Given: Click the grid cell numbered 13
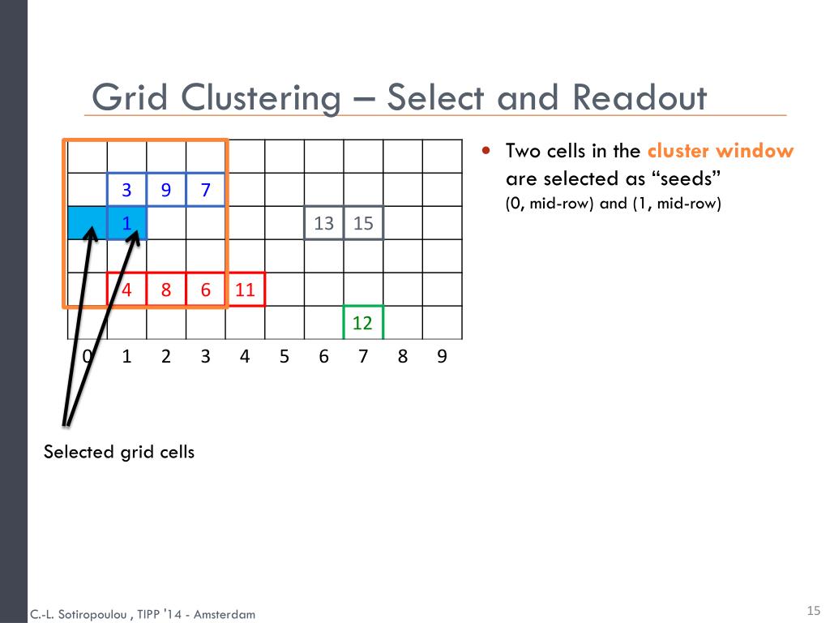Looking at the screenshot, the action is pos(323,223).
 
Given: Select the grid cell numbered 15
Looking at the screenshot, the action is pos(363,223).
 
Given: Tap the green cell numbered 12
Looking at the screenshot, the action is pos(362,323).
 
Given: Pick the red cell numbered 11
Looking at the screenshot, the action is pos(245,290).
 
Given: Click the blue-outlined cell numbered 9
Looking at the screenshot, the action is pos(166,190).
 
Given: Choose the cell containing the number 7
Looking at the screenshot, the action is pos(206,190).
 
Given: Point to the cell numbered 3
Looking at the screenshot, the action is pos(126,190).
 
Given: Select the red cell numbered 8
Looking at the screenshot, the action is pos(166,290).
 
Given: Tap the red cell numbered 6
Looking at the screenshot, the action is pos(206,290).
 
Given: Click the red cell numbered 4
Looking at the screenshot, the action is pos(127,290).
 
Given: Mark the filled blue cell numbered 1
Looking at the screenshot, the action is pos(127,223).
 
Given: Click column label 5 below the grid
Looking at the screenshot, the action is pos(284,356).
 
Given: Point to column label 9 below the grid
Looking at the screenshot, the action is pos(442,356).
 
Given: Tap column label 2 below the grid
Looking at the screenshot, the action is pos(166,356).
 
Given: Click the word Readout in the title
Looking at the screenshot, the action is pos(640,98).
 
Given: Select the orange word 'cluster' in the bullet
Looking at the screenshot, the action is pos(678,151).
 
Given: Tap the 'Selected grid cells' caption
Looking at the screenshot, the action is pos(119,452).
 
